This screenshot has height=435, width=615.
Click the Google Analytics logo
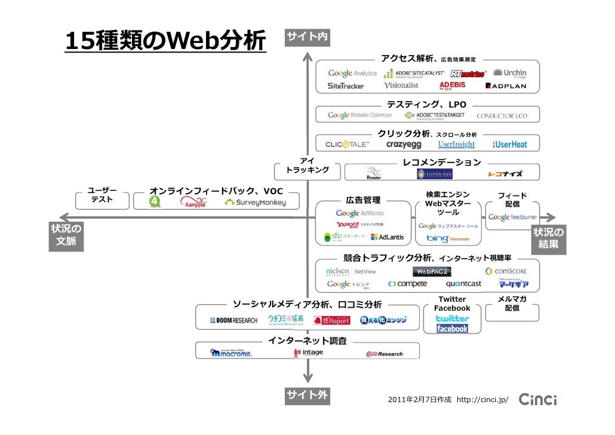352,73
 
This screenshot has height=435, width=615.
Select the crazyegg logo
404,145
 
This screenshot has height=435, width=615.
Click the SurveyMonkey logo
255,203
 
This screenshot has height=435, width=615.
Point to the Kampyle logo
194,203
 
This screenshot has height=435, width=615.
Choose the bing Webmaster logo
448,238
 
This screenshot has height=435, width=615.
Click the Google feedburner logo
512,217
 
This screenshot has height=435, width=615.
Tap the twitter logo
452,318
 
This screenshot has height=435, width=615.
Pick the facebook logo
452,329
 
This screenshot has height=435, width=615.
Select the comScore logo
506,271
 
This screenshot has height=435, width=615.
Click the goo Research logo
385,354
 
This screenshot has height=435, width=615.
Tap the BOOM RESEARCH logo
233,320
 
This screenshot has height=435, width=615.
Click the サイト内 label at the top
307,37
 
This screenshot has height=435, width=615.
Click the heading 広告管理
363,200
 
